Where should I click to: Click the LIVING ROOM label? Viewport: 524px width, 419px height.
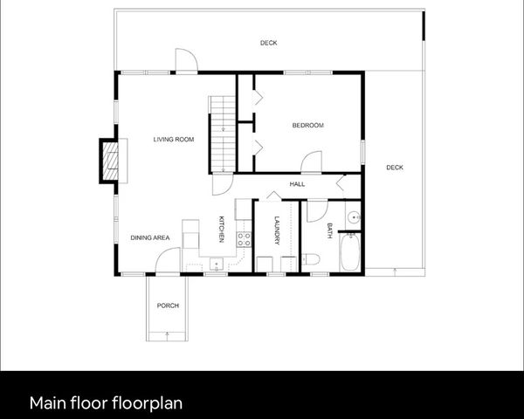tap(173, 140)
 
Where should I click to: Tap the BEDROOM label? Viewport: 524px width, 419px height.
tap(307, 126)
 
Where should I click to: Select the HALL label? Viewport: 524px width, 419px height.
tap(296, 184)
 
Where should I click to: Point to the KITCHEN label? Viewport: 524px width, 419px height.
tap(222, 229)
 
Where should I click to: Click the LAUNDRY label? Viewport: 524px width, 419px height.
tap(276, 230)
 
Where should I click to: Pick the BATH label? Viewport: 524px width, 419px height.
tap(329, 230)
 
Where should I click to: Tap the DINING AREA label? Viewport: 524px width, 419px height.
tap(148, 237)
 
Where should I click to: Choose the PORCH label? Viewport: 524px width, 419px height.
tap(168, 306)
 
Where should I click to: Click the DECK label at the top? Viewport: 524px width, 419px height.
tap(268, 43)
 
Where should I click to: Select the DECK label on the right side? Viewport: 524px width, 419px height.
tap(395, 168)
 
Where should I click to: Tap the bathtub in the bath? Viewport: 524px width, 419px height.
tap(351, 252)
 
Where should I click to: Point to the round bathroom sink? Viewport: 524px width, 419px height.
tap(353, 217)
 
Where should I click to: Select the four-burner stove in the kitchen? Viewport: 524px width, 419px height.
tap(245, 238)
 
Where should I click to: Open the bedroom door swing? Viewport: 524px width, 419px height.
tap(312, 162)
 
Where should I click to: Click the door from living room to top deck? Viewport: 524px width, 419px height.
tap(185, 61)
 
